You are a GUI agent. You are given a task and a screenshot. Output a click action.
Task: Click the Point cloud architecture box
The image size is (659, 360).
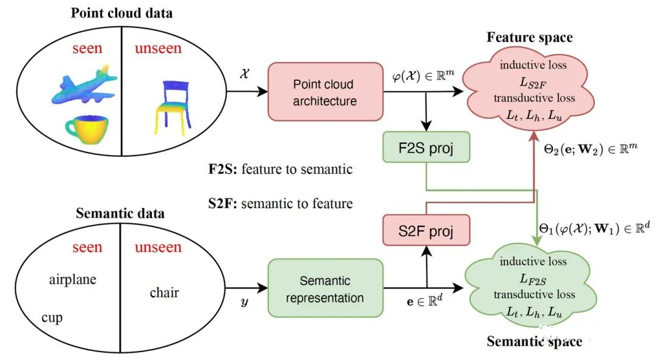tap(325, 92)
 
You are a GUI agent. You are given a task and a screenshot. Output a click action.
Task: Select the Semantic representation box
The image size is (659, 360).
tap(325, 288)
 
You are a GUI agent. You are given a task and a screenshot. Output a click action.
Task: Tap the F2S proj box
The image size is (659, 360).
tap(426, 148)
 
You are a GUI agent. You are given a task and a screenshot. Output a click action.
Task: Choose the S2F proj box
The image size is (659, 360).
tap(426, 230)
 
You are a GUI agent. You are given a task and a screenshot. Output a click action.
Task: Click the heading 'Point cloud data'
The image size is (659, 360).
tap(121, 13)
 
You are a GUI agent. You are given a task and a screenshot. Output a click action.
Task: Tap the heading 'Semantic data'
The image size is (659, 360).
tap(120, 214)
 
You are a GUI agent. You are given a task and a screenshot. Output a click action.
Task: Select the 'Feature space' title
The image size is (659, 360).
tap(530, 37)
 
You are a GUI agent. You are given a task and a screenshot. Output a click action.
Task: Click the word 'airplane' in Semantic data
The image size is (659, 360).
tap(73, 280)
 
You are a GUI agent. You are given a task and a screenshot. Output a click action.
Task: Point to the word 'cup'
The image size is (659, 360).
tap(52, 318)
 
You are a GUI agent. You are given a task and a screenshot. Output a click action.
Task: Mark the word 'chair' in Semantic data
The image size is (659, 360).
tap(164, 292)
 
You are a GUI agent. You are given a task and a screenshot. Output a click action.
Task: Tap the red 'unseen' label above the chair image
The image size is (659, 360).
tap(158, 48)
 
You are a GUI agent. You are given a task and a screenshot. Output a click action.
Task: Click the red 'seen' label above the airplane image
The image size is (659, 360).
tap(87, 48)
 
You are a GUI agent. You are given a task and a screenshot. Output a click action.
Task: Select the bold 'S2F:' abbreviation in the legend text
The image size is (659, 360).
tap(223, 204)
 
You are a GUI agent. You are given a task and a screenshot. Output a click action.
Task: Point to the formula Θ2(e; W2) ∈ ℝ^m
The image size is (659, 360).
tap(591, 149)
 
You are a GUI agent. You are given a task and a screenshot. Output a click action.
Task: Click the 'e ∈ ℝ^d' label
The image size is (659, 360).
tap(425, 301)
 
